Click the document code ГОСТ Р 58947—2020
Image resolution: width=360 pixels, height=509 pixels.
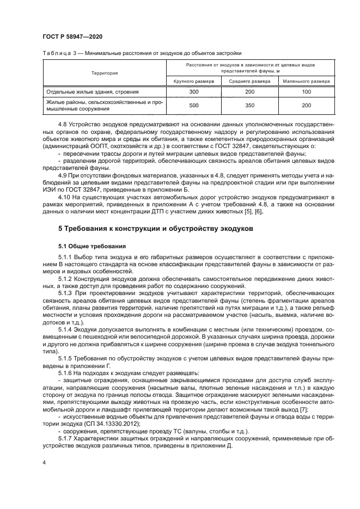73,36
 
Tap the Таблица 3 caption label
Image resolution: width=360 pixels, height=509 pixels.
56,53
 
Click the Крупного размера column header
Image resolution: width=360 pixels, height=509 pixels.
194,81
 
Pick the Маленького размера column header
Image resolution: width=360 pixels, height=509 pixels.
306,81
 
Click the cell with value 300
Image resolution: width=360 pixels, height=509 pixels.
194,92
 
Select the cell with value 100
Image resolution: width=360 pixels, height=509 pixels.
306,92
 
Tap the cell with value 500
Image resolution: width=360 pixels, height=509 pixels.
194,106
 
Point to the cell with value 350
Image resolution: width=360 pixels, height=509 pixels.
249,106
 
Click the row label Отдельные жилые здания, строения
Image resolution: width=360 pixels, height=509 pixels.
93,92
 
